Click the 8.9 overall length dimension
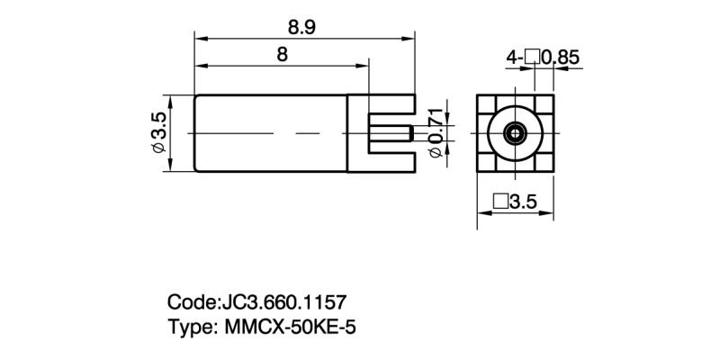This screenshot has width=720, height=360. [x=302, y=26]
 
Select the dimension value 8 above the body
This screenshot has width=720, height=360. [x=282, y=54]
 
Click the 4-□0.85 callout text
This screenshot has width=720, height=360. [x=543, y=57]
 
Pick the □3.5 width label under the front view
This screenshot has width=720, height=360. [x=515, y=202]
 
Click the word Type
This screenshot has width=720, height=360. [x=188, y=326]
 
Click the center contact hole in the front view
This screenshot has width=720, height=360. [x=515, y=133]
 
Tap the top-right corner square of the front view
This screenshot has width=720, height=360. [x=546, y=102]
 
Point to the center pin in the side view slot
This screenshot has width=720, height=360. [x=391, y=134]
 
